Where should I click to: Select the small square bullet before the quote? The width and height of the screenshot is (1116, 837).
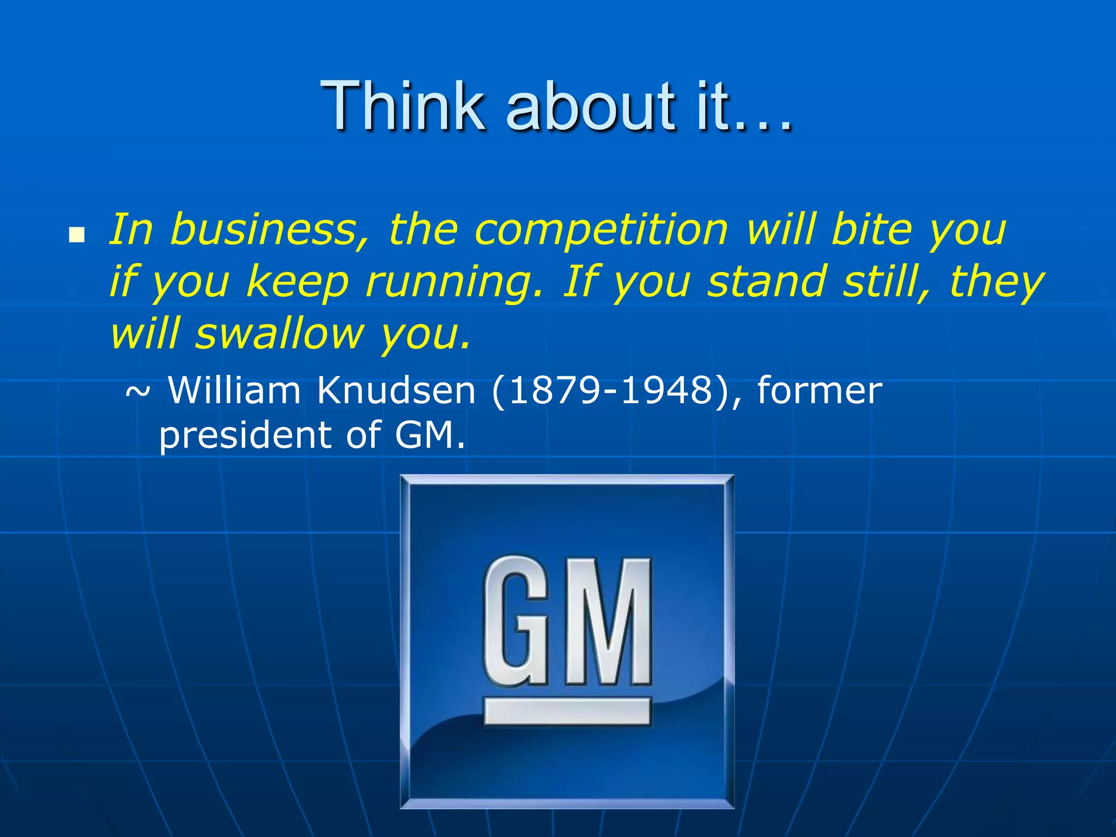coord(77,235)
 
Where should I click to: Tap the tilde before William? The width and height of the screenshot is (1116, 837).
coord(138,391)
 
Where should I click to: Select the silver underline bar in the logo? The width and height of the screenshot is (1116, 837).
coord(567,711)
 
